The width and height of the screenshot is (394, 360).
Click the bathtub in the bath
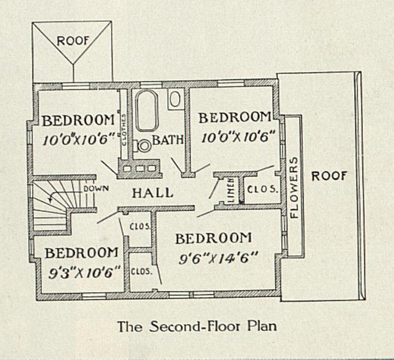147,110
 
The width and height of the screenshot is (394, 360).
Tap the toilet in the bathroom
174,99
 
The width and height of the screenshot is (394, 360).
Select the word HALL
153,193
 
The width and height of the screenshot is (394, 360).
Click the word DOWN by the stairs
96,188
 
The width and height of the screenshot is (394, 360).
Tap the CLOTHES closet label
124,130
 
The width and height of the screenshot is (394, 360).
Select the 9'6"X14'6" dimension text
219,258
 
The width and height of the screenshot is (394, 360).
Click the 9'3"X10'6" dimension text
84,273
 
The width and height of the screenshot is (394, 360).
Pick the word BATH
168,140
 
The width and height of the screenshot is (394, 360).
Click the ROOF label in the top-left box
73,41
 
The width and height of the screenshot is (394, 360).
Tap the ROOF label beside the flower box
329,176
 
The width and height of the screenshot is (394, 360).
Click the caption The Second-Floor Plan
197,326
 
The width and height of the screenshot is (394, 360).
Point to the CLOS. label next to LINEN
262,190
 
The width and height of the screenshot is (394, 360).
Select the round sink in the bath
144,146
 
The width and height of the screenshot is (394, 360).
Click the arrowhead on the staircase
51,199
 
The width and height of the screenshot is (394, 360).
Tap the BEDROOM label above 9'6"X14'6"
213,238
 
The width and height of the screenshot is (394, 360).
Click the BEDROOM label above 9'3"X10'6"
82,253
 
